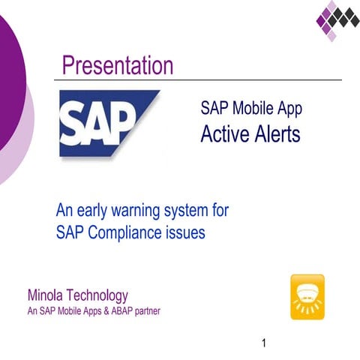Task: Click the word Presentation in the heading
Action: coord(118,66)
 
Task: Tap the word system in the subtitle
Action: coord(189,210)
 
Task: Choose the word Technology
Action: coord(99,295)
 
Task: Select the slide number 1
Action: coord(264,344)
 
